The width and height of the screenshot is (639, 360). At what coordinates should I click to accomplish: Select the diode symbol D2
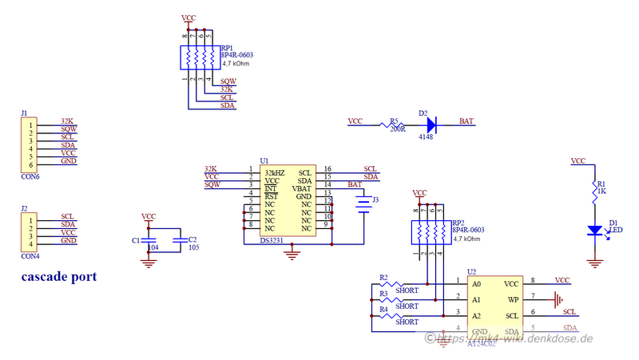pyautogui.click(x=431, y=125)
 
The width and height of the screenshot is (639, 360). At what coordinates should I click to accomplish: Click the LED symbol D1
pyautogui.click(x=594, y=230)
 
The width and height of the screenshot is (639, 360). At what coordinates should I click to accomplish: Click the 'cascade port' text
pyautogui.click(x=60, y=277)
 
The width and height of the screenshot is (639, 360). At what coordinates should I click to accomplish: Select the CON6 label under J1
pyautogui.click(x=30, y=177)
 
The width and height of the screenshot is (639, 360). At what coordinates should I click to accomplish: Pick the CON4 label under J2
pyautogui.click(x=30, y=255)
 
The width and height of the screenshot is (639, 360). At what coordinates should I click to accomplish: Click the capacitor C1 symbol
pyautogui.click(x=149, y=239)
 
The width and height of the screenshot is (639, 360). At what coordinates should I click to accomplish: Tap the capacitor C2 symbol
pyautogui.click(x=182, y=239)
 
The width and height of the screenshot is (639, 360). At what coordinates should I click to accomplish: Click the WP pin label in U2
pyautogui.click(x=513, y=300)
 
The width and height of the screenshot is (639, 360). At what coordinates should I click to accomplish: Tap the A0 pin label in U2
pyautogui.click(x=477, y=284)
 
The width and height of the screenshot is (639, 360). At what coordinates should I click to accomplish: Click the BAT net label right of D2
pyautogui.click(x=466, y=121)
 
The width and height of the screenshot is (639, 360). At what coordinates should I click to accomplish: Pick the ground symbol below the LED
pyautogui.click(x=594, y=260)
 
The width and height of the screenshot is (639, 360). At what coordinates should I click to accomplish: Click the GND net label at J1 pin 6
pyautogui.click(x=69, y=161)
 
